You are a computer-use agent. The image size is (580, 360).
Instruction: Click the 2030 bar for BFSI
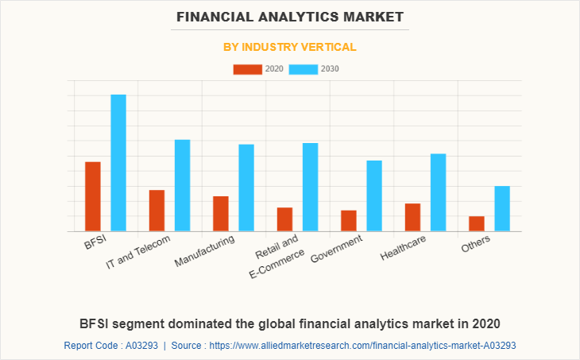pos(118,163)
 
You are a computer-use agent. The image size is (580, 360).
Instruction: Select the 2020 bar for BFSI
pos(93,196)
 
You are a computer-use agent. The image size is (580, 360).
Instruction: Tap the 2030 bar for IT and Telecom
pos(183,185)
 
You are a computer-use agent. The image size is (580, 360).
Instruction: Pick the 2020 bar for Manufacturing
pos(221,214)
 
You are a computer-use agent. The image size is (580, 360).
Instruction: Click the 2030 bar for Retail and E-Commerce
pos(311,187)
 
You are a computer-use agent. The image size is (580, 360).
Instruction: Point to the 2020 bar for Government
pos(349,221)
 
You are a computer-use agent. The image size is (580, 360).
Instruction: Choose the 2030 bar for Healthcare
pos(439,192)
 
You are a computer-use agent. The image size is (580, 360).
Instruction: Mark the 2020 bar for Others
pos(477,224)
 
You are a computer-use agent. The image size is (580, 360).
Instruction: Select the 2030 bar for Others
pos(502,208)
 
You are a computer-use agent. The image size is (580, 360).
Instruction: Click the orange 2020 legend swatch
pos(247,69)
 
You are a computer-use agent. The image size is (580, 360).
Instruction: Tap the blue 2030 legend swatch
pos(304,69)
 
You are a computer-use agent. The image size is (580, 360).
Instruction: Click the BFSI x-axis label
pos(96,242)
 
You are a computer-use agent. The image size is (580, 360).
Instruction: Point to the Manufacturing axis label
pos(205,250)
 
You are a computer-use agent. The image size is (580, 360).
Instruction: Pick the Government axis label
pos(336,248)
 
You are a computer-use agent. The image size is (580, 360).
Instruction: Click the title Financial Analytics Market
pos(290,16)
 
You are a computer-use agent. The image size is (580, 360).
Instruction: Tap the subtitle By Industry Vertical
pos(290,47)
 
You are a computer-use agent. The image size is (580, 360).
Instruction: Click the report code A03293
pos(140,346)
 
